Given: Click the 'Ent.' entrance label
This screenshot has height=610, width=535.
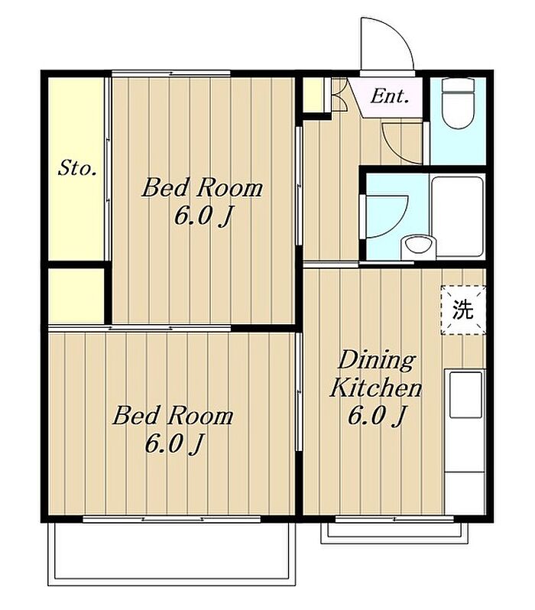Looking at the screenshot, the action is pyautogui.click(x=389, y=96).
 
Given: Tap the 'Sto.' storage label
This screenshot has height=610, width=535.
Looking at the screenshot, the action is pyautogui.click(x=77, y=168).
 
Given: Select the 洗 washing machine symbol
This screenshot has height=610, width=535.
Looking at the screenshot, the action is pyautogui.click(x=463, y=310).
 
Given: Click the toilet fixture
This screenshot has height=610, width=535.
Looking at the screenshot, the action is pyautogui.click(x=459, y=103).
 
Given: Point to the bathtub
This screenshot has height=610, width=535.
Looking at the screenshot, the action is pyautogui.click(x=457, y=216).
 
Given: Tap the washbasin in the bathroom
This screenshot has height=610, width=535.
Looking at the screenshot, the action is pyautogui.click(x=419, y=247).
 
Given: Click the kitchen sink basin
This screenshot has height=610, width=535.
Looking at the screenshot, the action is pyautogui.click(x=465, y=394).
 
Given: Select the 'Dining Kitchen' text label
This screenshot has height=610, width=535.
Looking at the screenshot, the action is pyautogui.click(x=376, y=374).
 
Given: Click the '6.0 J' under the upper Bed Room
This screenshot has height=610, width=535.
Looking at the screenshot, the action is pyautogui.click(x=203, y=216).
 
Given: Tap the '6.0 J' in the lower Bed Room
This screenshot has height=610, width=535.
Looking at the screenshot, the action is pyautogui.click(x=174, y=443).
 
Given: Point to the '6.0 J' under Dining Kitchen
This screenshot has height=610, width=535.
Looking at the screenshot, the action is pyautogui.click(x=377, y=416).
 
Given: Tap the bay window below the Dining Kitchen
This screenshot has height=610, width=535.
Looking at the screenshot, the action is pyautogui.click(x=394, y=532).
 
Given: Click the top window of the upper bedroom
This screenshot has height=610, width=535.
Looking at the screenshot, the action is pyautogui.click(x=170, y=73).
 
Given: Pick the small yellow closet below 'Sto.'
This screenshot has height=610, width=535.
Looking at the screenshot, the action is pyautogui.click(x=76, y=296).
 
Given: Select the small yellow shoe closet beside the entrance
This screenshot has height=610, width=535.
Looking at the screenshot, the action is pyautogui.click(x=313, y=95).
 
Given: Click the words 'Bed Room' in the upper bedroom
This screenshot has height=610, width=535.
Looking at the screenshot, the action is pyautogui.click(x=203, y=187).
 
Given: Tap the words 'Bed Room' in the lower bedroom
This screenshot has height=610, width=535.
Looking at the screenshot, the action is pyautogui.click(x=173, y=415).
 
